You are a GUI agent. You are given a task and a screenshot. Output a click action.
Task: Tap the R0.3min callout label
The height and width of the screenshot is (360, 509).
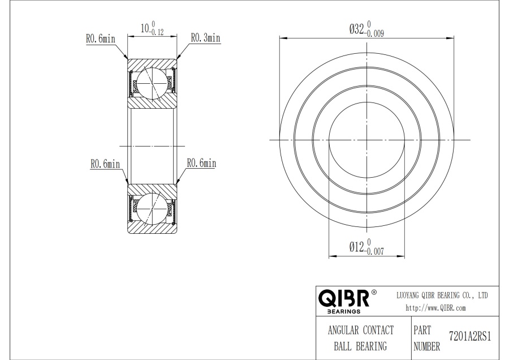(205, 38)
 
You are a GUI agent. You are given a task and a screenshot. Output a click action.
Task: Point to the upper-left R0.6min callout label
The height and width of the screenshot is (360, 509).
(101, 38)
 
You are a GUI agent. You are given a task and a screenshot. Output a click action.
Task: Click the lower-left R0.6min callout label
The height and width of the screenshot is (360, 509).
(105, 164)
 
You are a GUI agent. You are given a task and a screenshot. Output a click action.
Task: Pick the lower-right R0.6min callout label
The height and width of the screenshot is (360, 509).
(201, 163)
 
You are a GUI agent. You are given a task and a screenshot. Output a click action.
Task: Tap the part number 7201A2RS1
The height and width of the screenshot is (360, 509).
(470, 336)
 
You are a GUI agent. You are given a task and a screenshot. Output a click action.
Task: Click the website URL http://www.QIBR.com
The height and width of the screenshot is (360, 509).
(435, 308)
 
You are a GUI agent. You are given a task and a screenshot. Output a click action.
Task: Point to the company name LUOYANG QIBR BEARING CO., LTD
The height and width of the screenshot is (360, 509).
(442, 295)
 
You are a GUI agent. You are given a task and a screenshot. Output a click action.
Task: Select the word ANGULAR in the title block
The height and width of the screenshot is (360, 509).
(343, 330)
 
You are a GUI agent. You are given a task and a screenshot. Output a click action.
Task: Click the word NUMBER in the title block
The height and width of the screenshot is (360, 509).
(426, 346)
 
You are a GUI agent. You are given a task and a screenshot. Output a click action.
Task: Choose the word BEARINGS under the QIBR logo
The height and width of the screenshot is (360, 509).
(344, 311)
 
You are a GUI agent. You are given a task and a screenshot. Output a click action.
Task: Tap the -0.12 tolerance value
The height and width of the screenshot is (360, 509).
(157, 32)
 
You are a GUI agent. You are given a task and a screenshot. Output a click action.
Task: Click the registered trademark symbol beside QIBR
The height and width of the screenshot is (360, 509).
(374, 292)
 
